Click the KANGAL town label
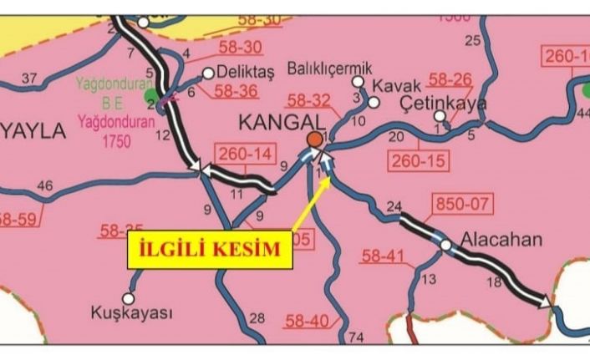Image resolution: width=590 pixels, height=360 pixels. pos(277,122)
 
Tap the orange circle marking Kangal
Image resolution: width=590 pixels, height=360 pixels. pos(314,139)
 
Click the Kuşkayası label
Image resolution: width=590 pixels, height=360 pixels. pos(131,313)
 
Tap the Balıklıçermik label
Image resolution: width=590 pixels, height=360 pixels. pos(329,67)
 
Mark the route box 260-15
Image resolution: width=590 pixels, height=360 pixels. pos(417,160)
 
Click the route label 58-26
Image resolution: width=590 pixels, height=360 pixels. pos(450,81)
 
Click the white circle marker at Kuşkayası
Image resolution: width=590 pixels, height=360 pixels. pos(129,297)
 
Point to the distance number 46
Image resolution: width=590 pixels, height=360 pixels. pos(46,185)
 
